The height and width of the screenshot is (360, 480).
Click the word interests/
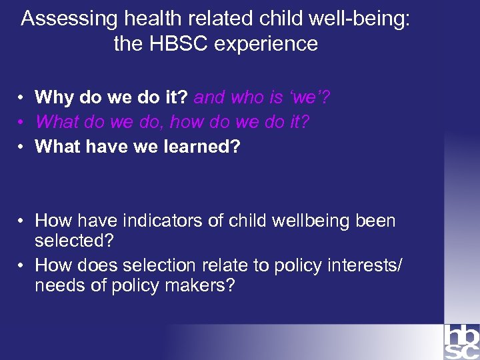pos(369,265)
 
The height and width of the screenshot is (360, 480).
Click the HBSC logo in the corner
pos(461,341)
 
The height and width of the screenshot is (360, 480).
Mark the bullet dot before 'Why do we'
pos(22,99)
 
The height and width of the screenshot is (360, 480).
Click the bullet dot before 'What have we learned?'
pos(22,147)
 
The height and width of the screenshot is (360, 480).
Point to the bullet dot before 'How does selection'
pos(22,266)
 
